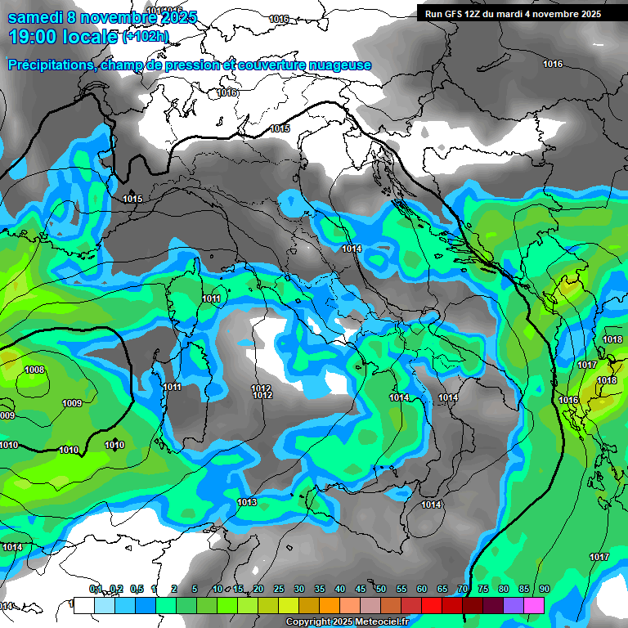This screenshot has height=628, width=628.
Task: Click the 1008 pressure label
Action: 34,370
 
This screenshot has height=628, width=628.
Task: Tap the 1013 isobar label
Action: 248,502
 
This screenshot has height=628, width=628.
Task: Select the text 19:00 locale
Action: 62,36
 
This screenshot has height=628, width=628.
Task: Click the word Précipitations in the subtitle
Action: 49,65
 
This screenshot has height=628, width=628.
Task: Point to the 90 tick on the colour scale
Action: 545,590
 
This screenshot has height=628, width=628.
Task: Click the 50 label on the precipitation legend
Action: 381,590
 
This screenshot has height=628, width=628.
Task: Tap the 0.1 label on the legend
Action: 95,590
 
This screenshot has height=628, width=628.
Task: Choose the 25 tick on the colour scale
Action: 279,590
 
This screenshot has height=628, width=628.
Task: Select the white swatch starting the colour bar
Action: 84,606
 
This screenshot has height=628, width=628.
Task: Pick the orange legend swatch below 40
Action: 330,606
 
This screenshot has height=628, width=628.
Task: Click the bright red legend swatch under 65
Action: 432,606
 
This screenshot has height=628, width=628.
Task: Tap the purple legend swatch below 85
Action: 514,606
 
